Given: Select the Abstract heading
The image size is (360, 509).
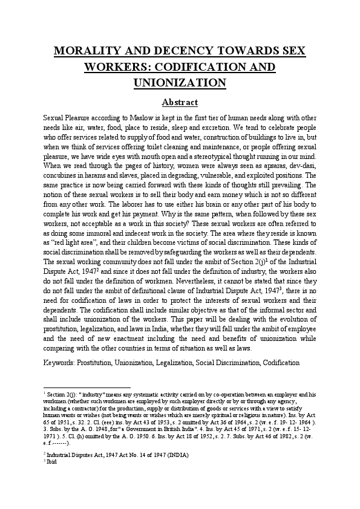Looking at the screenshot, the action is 180,102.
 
